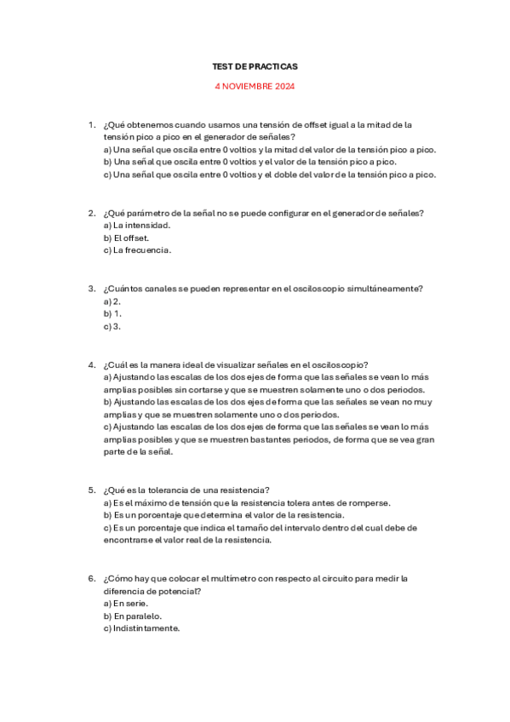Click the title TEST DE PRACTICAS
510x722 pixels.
point(255,66)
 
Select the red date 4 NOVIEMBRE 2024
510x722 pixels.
point(255,86)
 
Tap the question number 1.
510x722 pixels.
point(91,124)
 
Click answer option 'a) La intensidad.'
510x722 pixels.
point(136,226)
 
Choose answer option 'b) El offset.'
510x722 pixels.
point(126,238)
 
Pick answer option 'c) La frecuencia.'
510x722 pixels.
point(137,250)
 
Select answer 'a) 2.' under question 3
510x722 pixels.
point(112,301)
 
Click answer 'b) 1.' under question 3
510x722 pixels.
point(112,313)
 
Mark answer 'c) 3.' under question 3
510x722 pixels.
point(112,326)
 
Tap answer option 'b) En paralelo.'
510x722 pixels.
point(133,616)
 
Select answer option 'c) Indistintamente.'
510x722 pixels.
point(141,628)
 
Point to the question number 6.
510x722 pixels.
point(91,578)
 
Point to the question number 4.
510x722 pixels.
point(91,364)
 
